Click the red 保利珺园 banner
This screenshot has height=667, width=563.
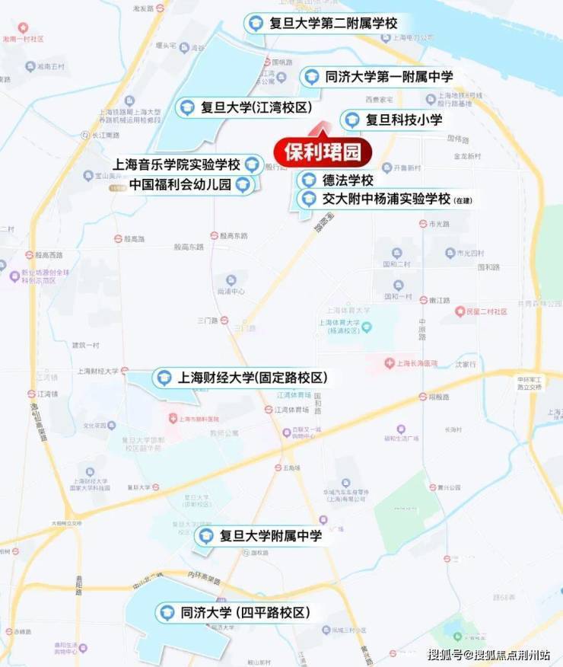click(323, 152)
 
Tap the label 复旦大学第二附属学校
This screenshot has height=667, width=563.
click(333, 23)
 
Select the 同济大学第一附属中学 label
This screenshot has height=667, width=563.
click(388, 76)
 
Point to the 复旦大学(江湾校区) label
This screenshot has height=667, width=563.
click(256, 107)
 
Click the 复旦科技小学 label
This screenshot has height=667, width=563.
click(403, 120)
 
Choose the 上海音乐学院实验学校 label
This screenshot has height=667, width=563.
click(176, 164)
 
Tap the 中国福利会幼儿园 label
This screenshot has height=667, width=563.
click(180, 184)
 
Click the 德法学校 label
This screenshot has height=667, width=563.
click(346, 180)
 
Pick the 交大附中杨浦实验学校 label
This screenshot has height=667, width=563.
click(386, 199)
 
